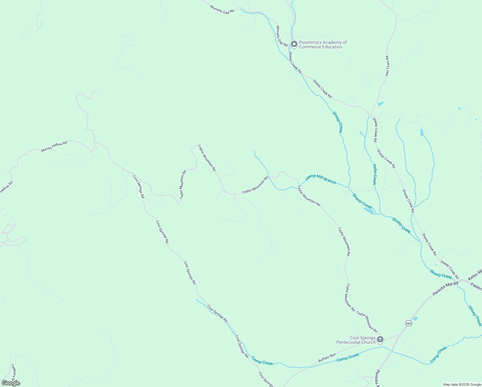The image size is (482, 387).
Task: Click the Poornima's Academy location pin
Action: click(x=294, y=44)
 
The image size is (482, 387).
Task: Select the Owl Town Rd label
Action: click(x=387, y=66)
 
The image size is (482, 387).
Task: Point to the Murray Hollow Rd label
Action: click(x=54, y=147)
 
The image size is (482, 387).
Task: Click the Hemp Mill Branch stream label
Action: click(x=321, y=179)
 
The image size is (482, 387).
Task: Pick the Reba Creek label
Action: click(x=374, y=174)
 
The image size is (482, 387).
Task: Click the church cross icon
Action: click(x=380, y=339)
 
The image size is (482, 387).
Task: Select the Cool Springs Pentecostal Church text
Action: click(x=356, y=340)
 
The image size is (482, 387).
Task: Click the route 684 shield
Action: click(x=409, y=323)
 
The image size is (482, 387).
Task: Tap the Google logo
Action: click(x=11, y=383)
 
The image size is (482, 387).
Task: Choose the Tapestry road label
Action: click(x=14, y=371)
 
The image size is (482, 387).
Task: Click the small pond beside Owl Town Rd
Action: click(x=381, y=104)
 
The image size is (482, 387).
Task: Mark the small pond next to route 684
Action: click(x=415, y=319)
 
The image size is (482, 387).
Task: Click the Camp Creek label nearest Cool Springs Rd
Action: click(x=262, y=361)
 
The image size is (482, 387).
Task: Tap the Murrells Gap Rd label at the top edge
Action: click(x=222, y=9)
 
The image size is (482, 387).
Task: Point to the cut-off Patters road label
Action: click(x=476, y=286)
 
